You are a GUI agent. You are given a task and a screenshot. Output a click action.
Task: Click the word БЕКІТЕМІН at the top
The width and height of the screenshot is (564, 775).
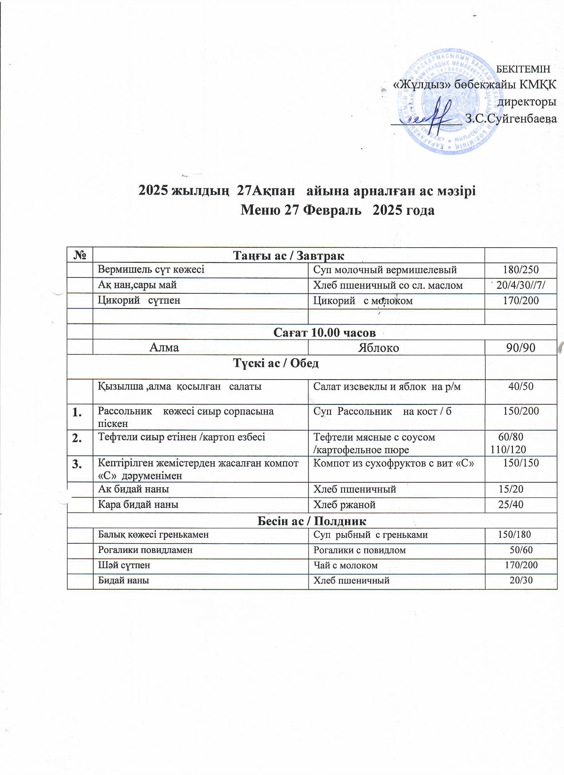click(x=523, y=69)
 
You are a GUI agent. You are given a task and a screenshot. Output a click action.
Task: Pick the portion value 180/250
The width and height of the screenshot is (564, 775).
click(x=521, y=270)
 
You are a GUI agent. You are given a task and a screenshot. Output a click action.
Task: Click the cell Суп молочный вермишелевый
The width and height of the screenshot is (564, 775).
click(x=385, y=270)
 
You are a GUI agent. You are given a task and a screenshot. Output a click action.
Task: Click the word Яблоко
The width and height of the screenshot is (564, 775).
click(x=378, y=348)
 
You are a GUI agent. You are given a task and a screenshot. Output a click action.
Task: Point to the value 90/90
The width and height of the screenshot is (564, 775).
click(x=521, y=348)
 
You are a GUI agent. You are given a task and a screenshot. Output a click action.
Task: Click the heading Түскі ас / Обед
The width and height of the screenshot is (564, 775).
click(x=276, y=363)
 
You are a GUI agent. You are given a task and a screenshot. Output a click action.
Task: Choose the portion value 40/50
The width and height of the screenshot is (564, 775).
click(x=521, y=387)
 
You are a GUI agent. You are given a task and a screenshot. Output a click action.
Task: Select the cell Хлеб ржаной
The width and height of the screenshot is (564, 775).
click(x=344, y=505)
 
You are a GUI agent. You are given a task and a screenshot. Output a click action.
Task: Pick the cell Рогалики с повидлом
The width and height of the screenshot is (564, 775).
click(x=360, y=550)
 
